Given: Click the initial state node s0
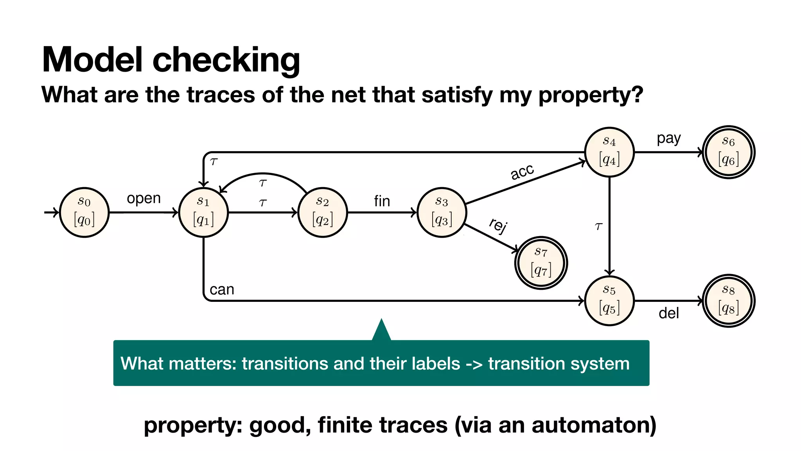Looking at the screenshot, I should (84, 212).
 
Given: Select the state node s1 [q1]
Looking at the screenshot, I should (203, 212).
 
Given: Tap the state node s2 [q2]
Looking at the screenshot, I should (322, 212).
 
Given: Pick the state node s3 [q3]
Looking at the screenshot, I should (442, 212).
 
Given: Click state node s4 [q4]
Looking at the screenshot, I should (609, 152).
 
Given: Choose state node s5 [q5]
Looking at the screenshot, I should (609, 301).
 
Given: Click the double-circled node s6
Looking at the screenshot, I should (729, 152).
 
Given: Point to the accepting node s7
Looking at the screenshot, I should (541, 263).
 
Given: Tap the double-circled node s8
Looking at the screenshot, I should (729, 301).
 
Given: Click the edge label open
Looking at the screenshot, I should (144, 198).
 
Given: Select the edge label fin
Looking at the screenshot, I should (382, 201).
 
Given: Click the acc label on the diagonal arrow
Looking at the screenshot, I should (522, 172).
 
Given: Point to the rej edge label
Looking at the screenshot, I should (498, 225).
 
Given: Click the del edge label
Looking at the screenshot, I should (668, 313).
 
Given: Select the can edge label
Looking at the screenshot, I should (222, 290).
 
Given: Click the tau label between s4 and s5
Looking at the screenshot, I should (598, 226).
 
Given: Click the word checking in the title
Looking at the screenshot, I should (226, 60).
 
